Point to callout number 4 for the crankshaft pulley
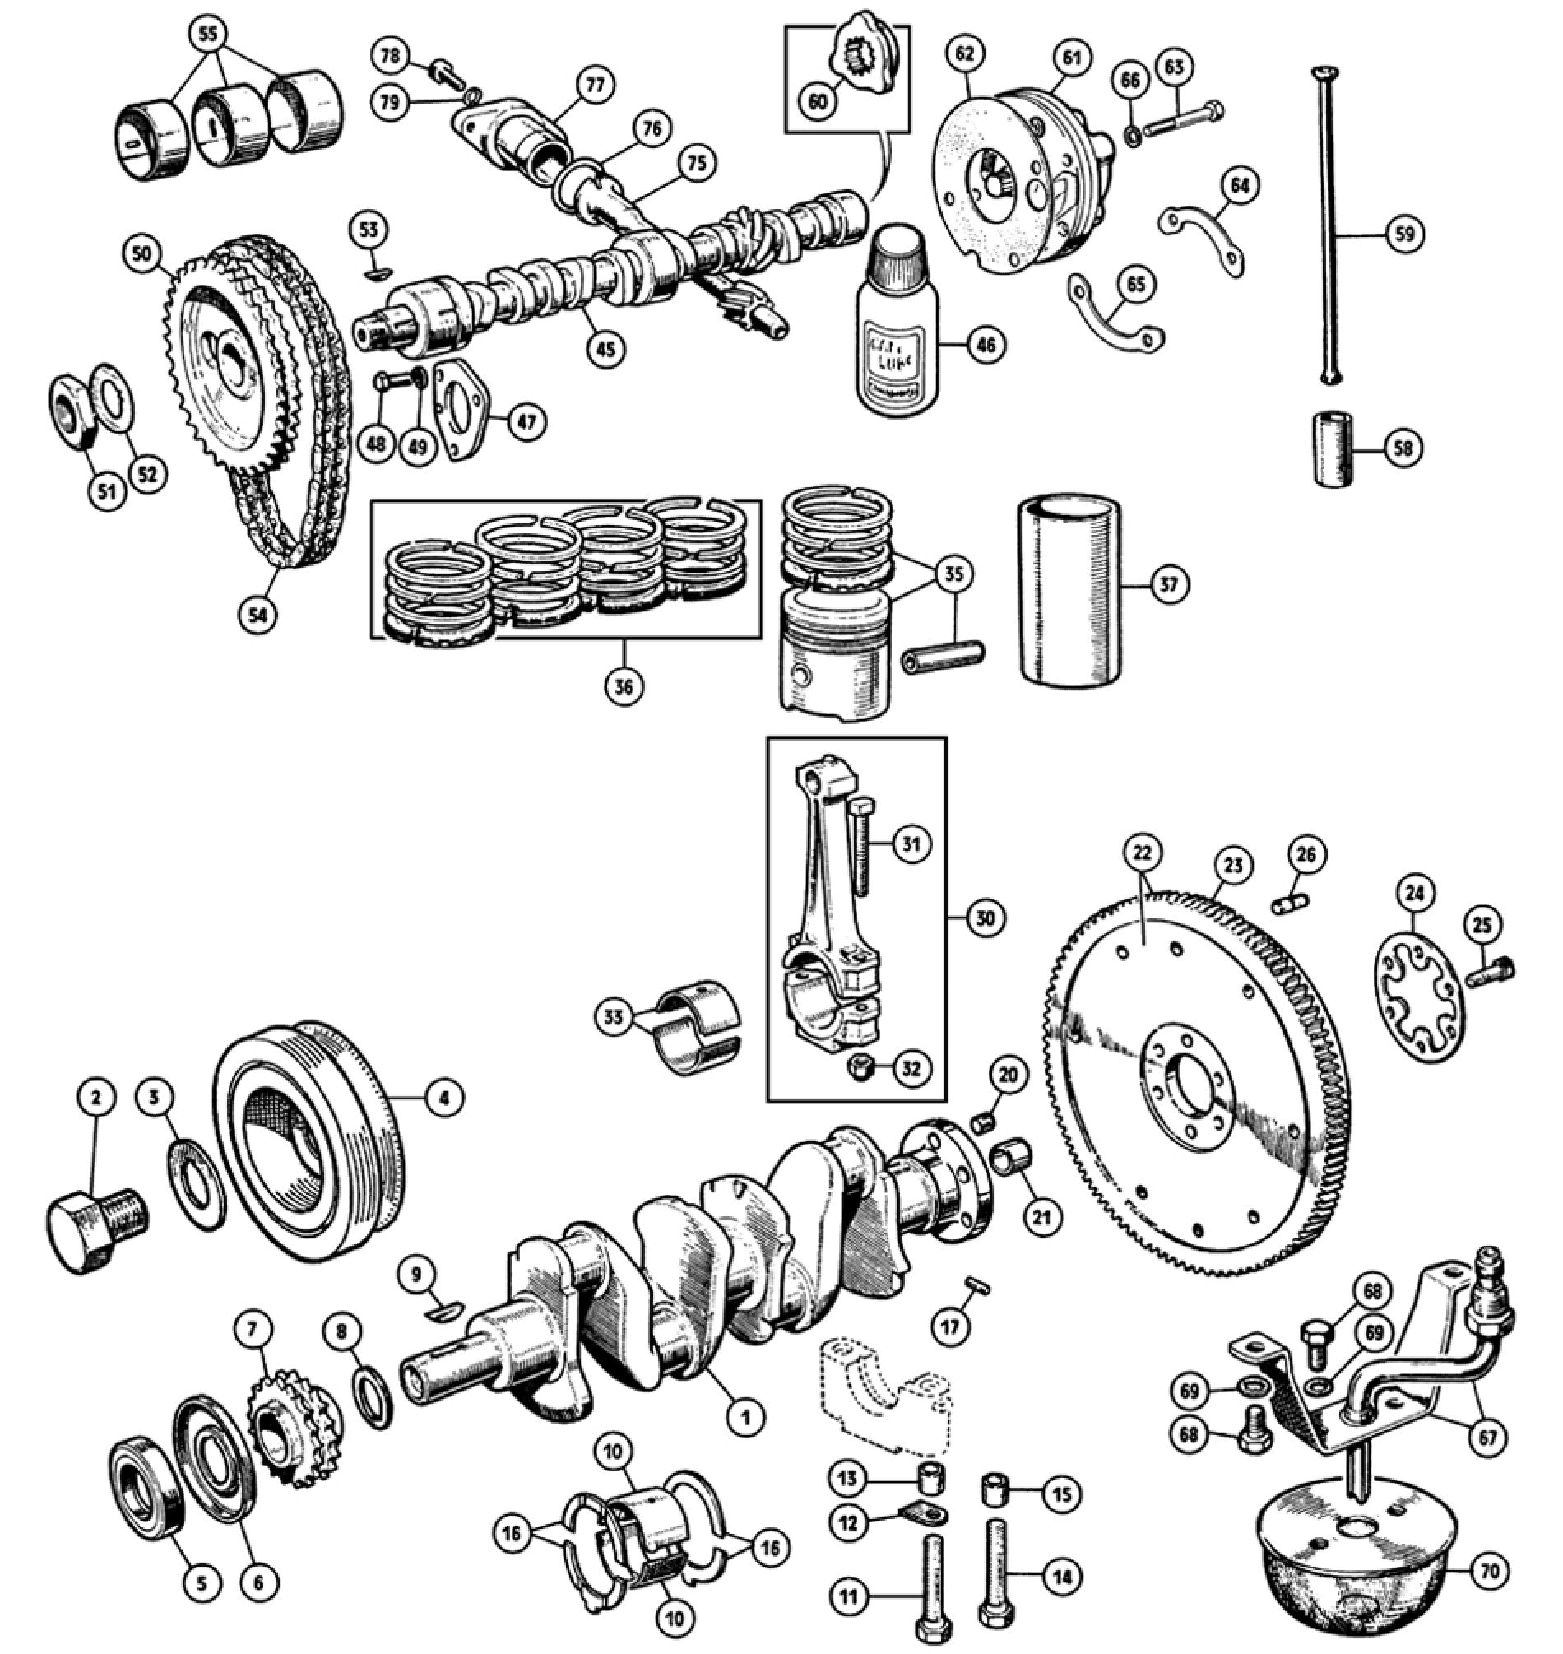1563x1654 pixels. tap(444, 1099)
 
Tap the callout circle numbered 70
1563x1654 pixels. tap(1491, 1571)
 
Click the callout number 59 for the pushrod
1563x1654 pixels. tap(1404, 235)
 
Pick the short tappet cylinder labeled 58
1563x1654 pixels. tap(1332, 449)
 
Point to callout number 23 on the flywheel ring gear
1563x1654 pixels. tap(1233, 866)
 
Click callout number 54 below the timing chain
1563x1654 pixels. tap(257, 615)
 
